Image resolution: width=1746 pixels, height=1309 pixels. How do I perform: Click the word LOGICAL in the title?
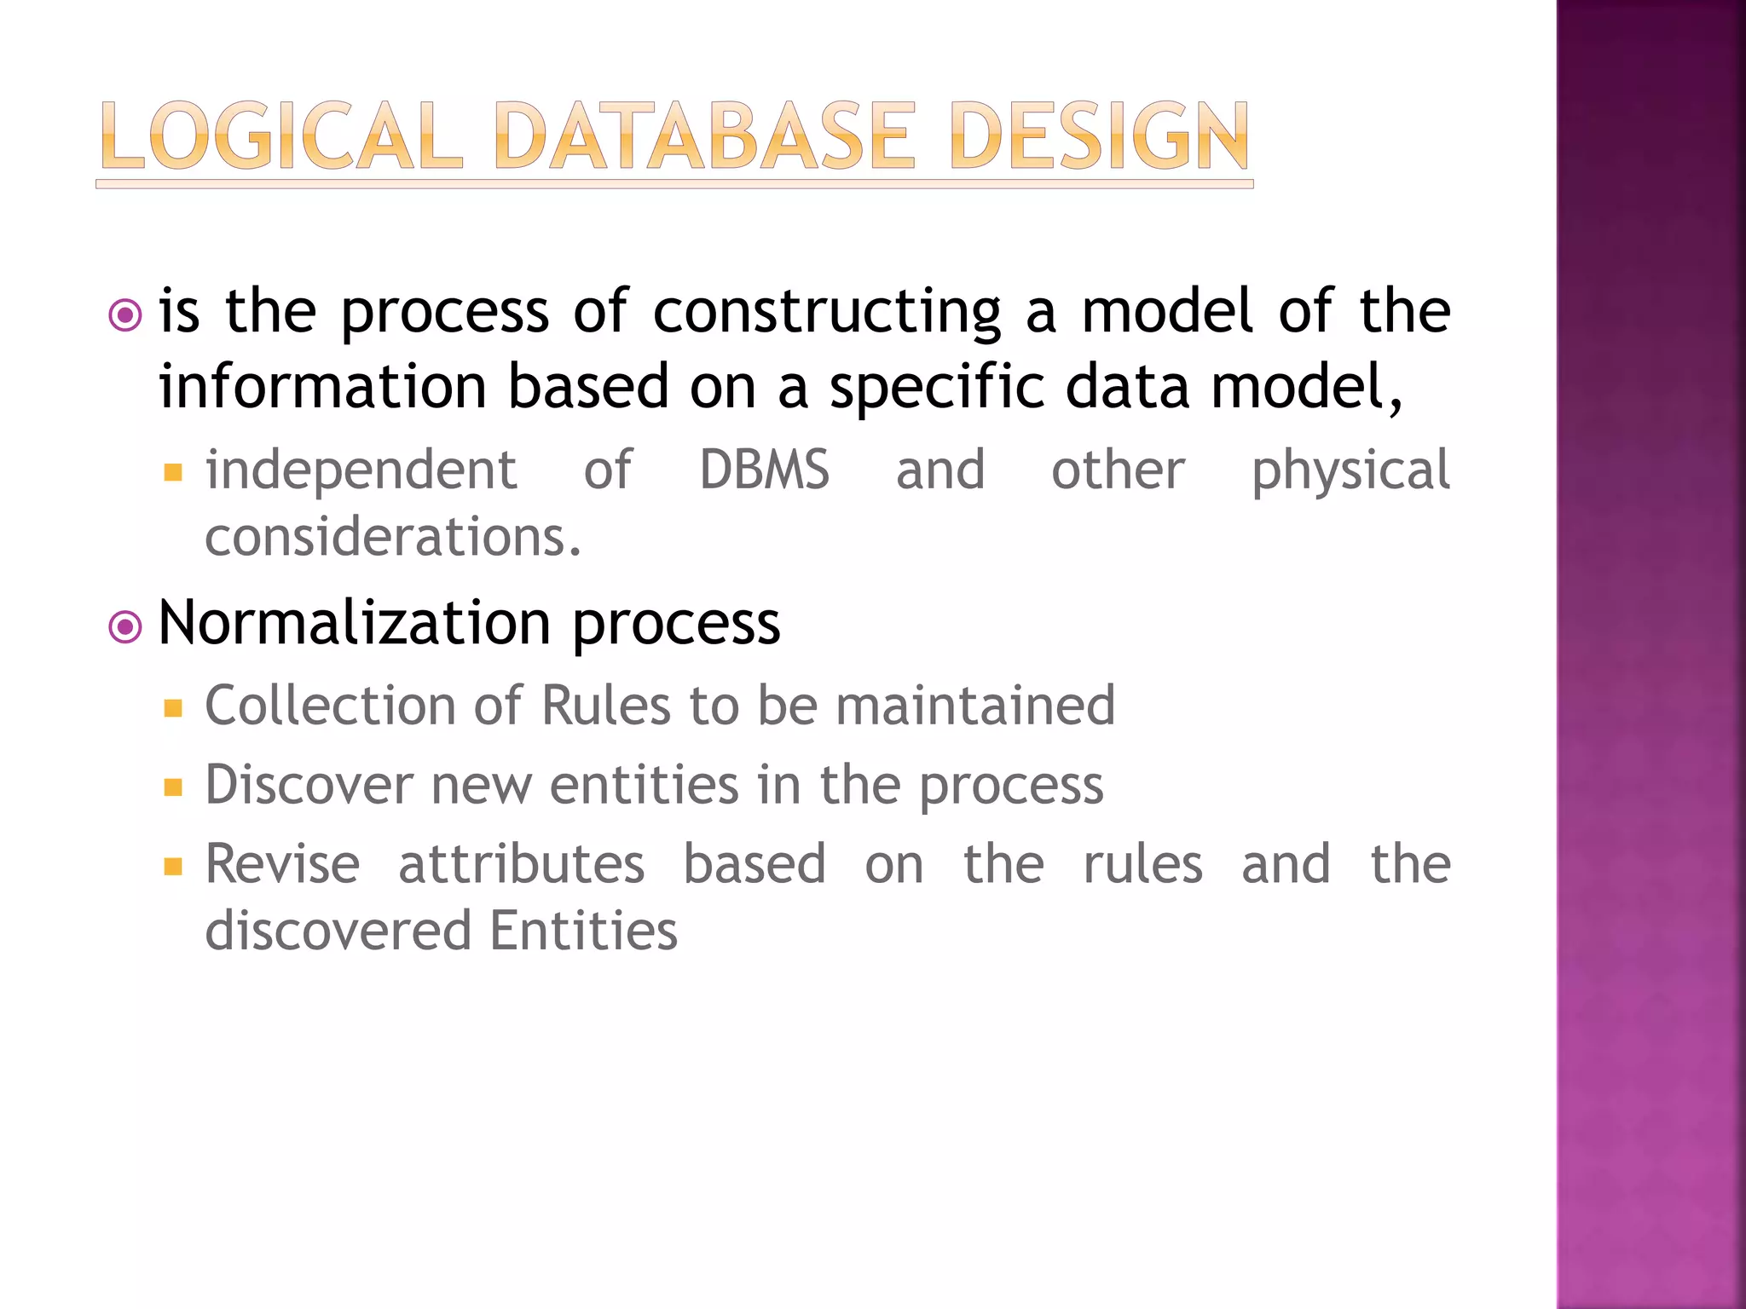281,136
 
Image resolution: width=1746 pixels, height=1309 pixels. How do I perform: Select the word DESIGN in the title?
1099,136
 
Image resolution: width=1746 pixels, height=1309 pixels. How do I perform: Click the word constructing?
827,312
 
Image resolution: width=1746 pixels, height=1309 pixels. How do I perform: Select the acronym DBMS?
764,470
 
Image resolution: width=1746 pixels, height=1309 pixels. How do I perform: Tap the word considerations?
393,538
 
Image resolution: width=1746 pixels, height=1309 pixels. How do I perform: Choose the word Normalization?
355,623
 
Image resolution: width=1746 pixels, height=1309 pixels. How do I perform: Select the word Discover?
309,785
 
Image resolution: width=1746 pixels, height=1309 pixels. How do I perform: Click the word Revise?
282,864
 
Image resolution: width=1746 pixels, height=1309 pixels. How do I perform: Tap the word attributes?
521,864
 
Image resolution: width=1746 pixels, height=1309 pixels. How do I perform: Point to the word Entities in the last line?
584,931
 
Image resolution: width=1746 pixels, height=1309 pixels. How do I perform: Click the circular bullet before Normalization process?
125,628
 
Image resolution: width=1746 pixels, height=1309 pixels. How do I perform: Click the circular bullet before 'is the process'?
125,316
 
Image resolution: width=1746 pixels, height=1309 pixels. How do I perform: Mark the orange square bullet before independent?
173,472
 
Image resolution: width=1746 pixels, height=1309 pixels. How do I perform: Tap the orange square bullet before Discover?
173,787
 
